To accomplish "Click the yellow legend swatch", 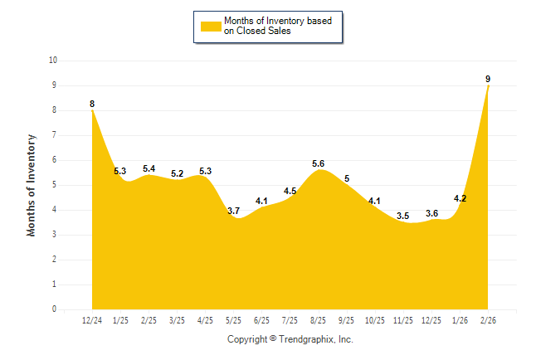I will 210,27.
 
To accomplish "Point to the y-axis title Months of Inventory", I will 32,185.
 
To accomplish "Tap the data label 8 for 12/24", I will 92,104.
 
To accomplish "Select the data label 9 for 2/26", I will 488,79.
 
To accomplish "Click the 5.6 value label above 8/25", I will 318,163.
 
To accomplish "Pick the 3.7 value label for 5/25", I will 233,211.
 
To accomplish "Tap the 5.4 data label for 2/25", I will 149,168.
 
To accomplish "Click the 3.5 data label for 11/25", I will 403,216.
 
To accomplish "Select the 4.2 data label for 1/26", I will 460,198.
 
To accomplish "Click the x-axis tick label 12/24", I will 92,320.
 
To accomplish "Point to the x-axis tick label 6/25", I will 261,320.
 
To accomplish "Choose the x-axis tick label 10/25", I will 375,320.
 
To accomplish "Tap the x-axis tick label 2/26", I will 488,320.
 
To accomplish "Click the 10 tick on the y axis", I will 53,61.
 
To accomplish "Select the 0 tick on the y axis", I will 55,309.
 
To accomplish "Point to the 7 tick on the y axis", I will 55,135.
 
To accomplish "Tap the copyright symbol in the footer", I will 273,339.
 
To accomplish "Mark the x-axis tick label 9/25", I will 347,320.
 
